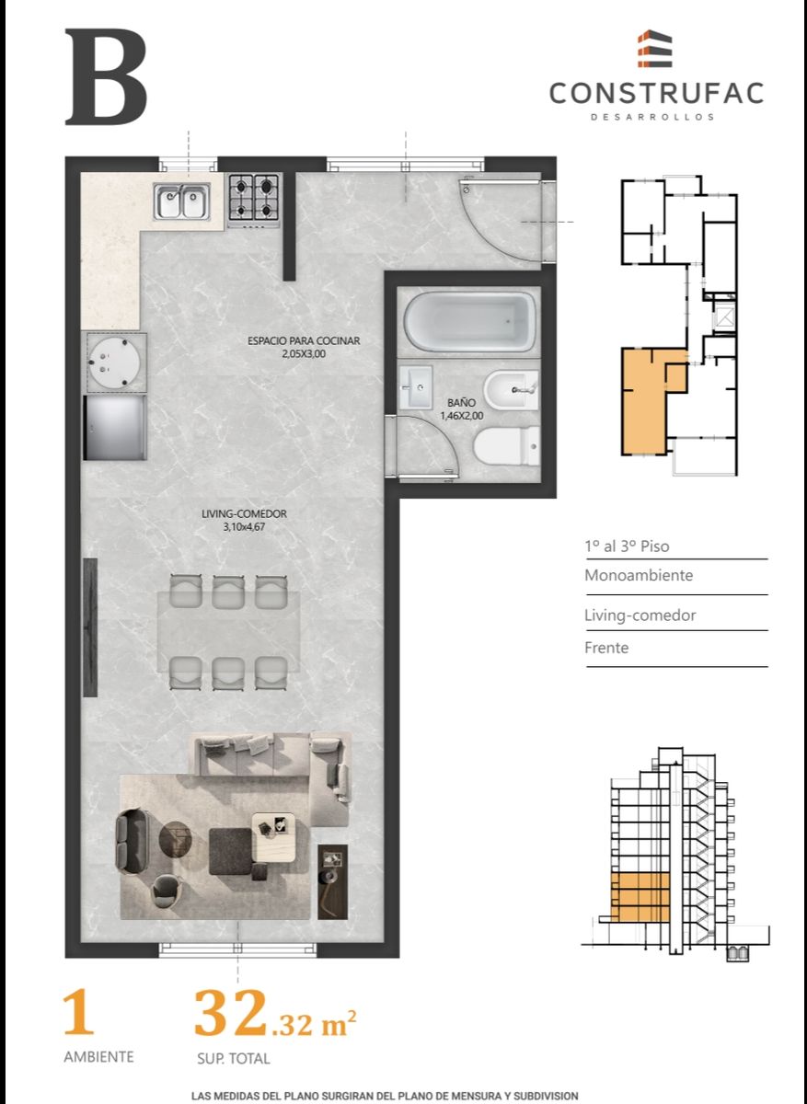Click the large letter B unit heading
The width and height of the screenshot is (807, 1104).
[106, 77]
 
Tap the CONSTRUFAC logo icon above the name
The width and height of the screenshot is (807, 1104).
[654, 48]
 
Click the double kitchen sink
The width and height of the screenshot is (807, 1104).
[182, 201]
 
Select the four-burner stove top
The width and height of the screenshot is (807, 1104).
[254, 201]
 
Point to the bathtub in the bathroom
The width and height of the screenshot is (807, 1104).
[469, 322]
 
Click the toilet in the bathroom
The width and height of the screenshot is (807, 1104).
[506, 446]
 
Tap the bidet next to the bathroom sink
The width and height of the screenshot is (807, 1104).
[512, 390]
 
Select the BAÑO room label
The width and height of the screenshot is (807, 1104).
[461, 403]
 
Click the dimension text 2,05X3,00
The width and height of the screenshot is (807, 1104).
[304, 354]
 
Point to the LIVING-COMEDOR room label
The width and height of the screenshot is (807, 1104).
[244, 513]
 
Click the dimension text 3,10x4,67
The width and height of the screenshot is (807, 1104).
[244, 527]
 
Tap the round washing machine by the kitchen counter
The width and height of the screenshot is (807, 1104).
[116, 362]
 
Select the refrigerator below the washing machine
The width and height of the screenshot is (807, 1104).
[115, 427]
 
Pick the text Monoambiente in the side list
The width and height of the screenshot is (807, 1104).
[639, 575]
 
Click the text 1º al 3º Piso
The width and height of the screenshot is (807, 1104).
[627, 546]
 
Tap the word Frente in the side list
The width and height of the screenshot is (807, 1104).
[606, 648]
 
